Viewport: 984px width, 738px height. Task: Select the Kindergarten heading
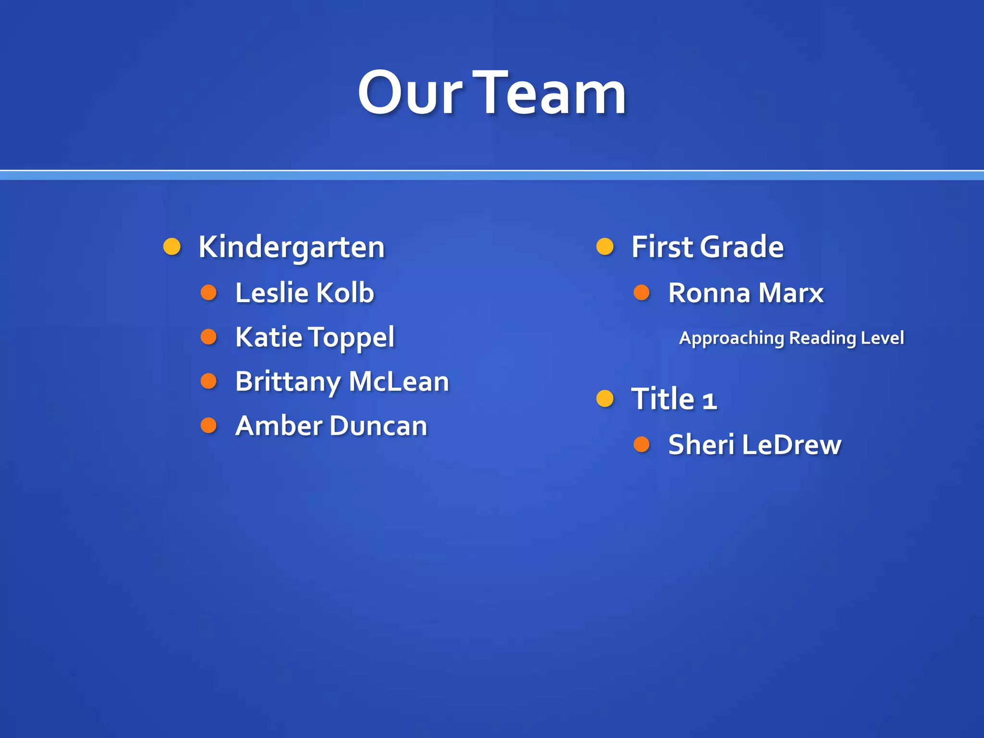pos(292,247)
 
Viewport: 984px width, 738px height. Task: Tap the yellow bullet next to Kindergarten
pos(172,246)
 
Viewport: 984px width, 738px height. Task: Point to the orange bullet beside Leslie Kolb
pos(209,292)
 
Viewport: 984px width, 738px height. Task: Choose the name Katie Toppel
pos(315,337)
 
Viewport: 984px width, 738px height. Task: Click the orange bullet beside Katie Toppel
pos(209,336)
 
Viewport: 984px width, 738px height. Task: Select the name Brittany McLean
pos(342,381)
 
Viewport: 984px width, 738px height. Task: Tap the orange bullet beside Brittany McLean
pos(209,381)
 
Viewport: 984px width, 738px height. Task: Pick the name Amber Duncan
pos(331,426)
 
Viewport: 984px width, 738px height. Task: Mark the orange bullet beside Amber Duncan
pos(209,425)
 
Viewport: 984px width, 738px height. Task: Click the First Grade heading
pos(707,247)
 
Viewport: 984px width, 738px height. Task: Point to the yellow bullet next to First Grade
pos(605,246)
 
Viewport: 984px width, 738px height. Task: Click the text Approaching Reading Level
pos(791,338)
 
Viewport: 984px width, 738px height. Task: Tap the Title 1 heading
pos(674,399)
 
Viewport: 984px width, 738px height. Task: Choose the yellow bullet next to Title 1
pos(605,398)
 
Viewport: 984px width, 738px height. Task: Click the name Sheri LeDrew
pos(755,444)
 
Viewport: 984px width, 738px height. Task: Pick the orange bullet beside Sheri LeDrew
pos(641,444)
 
